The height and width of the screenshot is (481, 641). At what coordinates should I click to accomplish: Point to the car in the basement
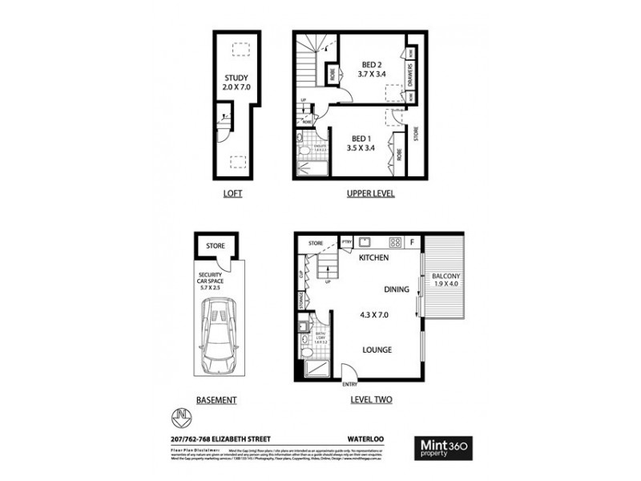(x=218, y=338)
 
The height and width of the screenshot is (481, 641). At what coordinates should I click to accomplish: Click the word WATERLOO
(x=369, y=439)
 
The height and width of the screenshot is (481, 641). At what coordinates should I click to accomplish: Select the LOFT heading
(x=232, y=194)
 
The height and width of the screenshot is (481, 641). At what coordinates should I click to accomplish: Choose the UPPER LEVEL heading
(x=370, y=194)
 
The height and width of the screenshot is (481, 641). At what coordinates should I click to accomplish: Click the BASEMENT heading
(x=216, y=398)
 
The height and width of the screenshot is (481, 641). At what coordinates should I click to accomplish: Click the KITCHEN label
(x=373, y=258)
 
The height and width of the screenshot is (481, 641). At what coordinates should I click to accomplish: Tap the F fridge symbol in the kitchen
(x=412, y=241)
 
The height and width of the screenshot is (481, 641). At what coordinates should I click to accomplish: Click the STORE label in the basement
(x=215, y=246)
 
